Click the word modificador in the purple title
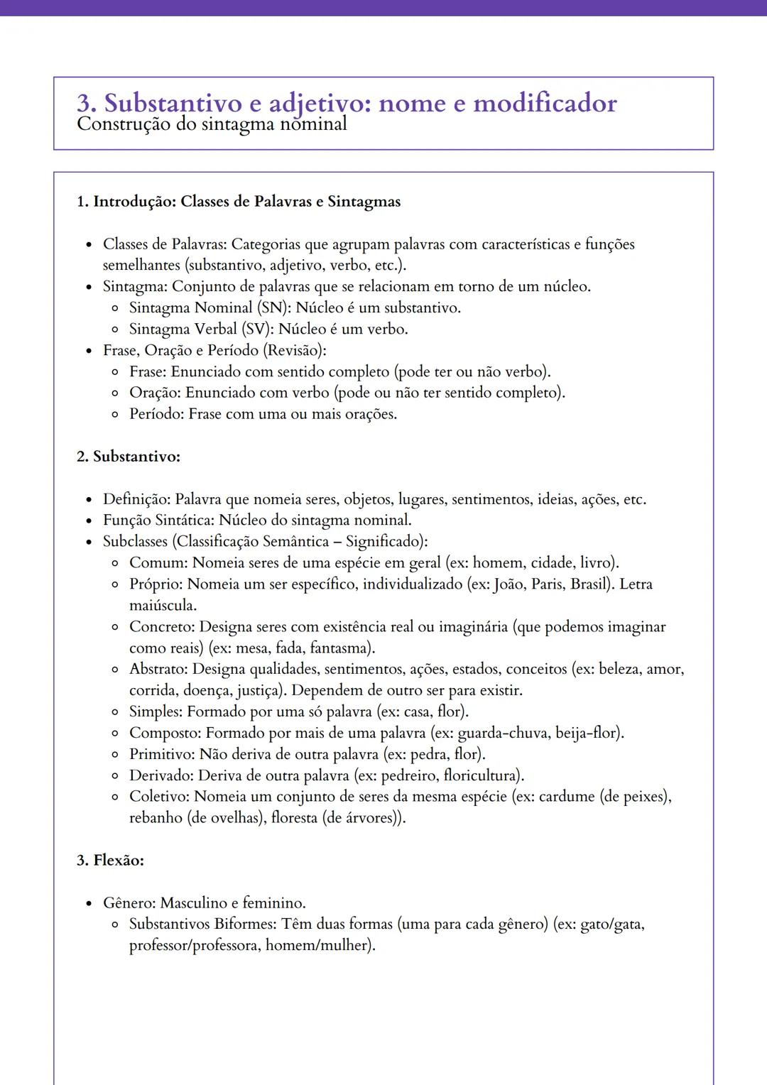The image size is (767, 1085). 545,103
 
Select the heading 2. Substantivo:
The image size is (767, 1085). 129,457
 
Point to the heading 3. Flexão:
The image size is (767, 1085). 110,861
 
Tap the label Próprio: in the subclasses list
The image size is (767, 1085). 156,584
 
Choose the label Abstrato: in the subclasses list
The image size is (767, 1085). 158,670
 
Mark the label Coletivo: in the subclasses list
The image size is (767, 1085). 159,797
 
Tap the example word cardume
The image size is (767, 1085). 567,797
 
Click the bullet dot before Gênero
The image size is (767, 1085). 89,904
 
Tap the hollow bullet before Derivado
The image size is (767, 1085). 115,775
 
